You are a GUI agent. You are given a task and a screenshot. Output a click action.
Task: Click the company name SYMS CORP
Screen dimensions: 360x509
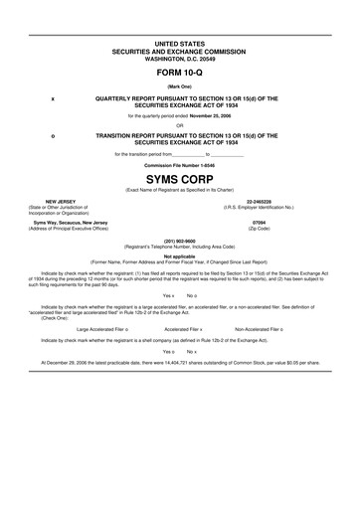[x=180, y=176]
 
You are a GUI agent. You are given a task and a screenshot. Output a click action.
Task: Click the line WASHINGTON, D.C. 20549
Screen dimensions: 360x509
[x=180, y=57]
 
